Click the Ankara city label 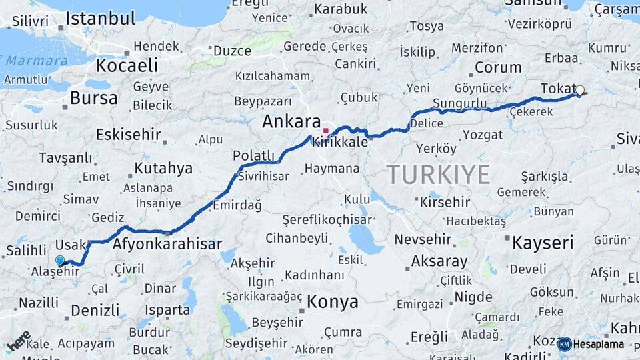click(291, 122)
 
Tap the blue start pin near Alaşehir click(60, 261)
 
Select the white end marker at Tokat click(579, 90)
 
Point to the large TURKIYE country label click(439, 175)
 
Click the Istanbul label click(101, 18)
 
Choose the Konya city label click(333, 302)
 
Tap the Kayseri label click(543, 242)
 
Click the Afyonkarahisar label click(167, 244)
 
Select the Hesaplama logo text click(598, 344)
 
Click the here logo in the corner click(19, 341)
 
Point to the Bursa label click(94, 99)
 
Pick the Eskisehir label click(129, 135)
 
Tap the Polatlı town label click(253, 155)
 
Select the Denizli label click(95, 310)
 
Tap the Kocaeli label click(127, 65)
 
